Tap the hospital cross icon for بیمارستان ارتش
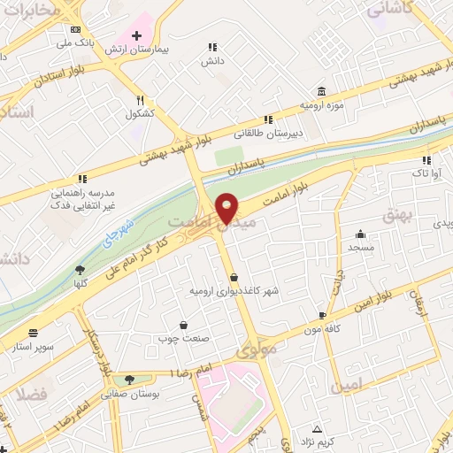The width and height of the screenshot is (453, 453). (136, 35)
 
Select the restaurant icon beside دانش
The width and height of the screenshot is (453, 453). (212, 47)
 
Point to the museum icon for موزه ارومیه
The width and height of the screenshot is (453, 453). (320, 91)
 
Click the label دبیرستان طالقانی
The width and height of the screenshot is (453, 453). (267, 135)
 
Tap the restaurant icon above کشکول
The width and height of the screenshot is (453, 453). (140, 101)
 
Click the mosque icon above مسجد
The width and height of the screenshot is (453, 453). (361, 234)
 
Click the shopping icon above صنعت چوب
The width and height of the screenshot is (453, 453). (183, 325)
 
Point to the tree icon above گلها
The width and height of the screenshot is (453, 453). (81, 270)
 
